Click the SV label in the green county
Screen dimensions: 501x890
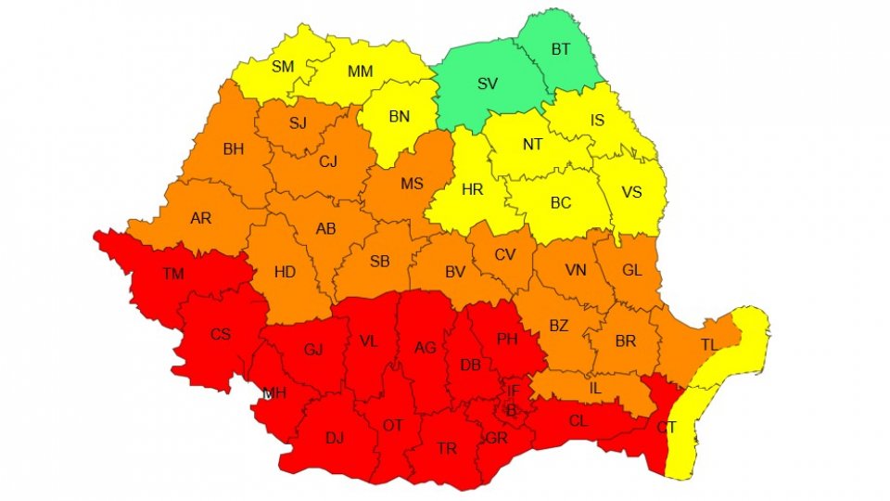(488, 83)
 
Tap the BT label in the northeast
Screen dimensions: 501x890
(561, 50)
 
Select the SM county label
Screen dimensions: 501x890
(282, 67)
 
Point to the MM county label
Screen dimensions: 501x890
(360, 71)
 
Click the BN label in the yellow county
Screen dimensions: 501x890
(399, 116)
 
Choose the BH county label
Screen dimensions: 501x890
(233, 148)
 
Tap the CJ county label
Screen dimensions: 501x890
(327, 161)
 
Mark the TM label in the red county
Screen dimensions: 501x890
(172, 274)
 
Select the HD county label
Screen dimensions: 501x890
(286, 272)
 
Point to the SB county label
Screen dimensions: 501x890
(379, 262)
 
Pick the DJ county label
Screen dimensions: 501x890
(335, 437)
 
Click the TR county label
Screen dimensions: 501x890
(447, 448)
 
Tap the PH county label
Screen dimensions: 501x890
(506, 340)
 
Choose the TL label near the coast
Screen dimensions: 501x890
(708, 344)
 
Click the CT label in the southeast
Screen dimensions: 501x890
(666, 427)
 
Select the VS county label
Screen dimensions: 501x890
(631, 192)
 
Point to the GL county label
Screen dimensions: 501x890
(632, 270)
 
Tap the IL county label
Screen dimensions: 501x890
(595, 388)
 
